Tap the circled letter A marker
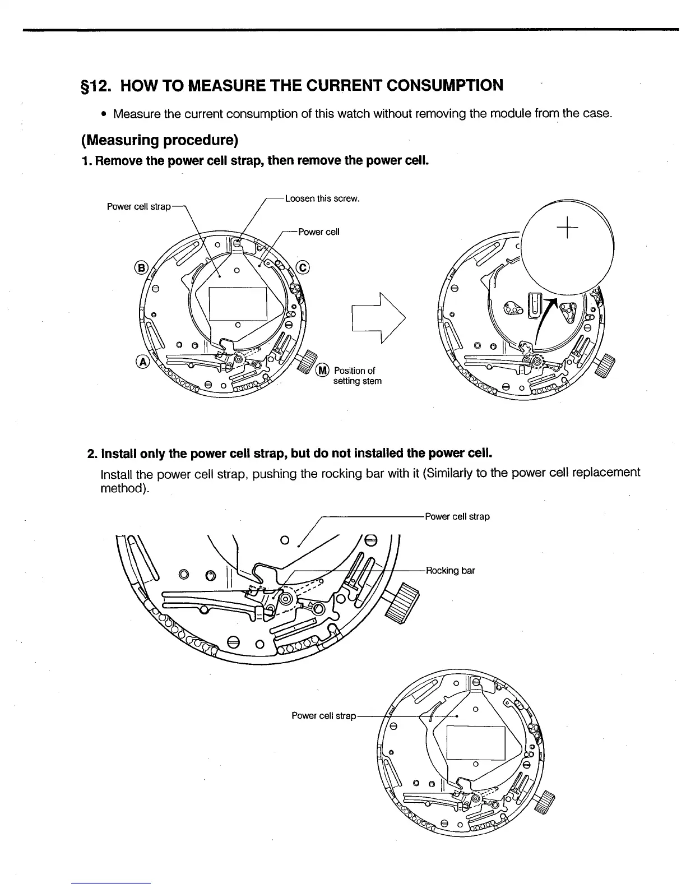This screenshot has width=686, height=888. (x=142, y=362)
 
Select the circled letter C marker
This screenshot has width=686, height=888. (x=303, y=267)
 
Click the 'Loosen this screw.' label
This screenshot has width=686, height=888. (x=322, y=198)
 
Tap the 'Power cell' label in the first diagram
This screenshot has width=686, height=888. (x=319, y=232)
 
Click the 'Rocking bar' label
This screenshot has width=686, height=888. (x=451, y=571)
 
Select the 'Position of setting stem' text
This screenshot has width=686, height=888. (x=357, y=376)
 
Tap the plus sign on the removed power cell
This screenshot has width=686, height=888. (x=567, y=227)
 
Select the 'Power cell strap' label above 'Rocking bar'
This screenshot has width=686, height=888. (x=457, y=516)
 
